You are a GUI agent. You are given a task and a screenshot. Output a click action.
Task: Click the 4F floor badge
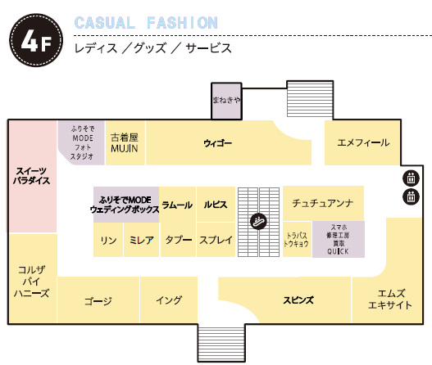point(36,40)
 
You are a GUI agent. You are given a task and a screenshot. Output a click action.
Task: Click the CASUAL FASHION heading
point(146,23)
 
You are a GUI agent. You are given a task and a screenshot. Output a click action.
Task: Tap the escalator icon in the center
point(258,222)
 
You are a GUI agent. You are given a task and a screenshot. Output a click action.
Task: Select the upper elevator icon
point(411,178)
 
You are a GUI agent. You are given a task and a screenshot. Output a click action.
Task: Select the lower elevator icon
point(411,196)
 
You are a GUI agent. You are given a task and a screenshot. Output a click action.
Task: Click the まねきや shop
point(226,101)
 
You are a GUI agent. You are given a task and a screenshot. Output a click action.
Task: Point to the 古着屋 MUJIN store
point(125,142)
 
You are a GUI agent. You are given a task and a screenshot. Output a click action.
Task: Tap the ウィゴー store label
point(218,143)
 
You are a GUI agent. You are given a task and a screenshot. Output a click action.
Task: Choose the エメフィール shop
point(362,142)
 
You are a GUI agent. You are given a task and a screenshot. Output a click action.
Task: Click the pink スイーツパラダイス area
point(33,176)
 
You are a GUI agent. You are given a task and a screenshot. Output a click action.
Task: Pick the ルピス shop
point(216,204)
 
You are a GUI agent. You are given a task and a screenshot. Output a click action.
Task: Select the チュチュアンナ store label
point(323,203)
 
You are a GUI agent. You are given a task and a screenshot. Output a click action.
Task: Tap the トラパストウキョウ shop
point(297,239)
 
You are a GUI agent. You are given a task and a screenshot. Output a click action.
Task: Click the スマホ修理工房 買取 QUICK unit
point(339,239)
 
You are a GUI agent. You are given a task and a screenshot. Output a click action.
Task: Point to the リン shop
point(108,240)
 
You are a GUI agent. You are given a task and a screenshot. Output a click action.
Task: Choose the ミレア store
point(141,240)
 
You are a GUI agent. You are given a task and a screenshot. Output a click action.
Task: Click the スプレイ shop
point(216,240)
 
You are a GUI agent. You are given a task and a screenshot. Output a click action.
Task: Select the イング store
point(169,300)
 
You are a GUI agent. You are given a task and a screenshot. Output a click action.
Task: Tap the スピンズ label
point(298,300)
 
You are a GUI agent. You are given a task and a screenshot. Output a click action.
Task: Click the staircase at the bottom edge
point(221,343)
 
